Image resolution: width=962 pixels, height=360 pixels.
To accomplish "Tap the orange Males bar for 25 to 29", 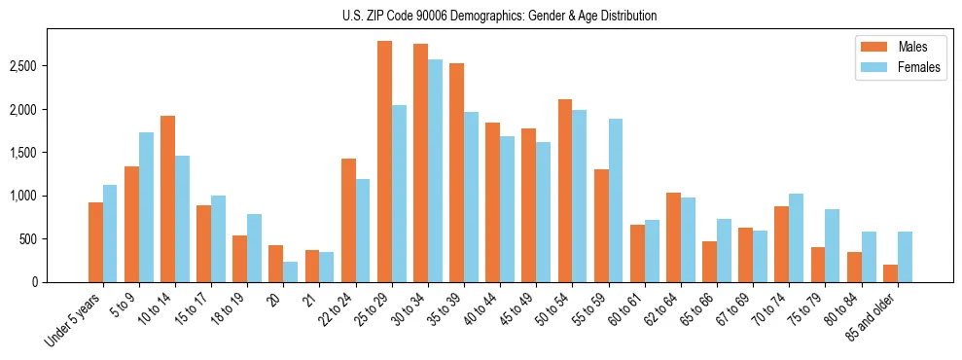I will [x=384, y=162].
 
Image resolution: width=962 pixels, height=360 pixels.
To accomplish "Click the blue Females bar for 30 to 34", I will [x=435, y=170].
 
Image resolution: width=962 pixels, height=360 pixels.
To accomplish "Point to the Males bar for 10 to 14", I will [x=168, y=198].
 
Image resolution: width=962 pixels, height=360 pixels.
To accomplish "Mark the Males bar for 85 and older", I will [x=889, y=273].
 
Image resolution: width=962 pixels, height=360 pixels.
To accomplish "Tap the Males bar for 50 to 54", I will [x=565, y=191].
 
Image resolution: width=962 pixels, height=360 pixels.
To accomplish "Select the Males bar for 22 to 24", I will [x=348, y=220].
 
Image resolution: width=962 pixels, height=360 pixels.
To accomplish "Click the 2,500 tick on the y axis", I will [x=51, y=66].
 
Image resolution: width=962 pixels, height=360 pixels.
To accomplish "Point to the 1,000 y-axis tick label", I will [x=51, y=196].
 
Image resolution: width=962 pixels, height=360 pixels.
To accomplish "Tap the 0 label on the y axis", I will [x=60, y=282].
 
